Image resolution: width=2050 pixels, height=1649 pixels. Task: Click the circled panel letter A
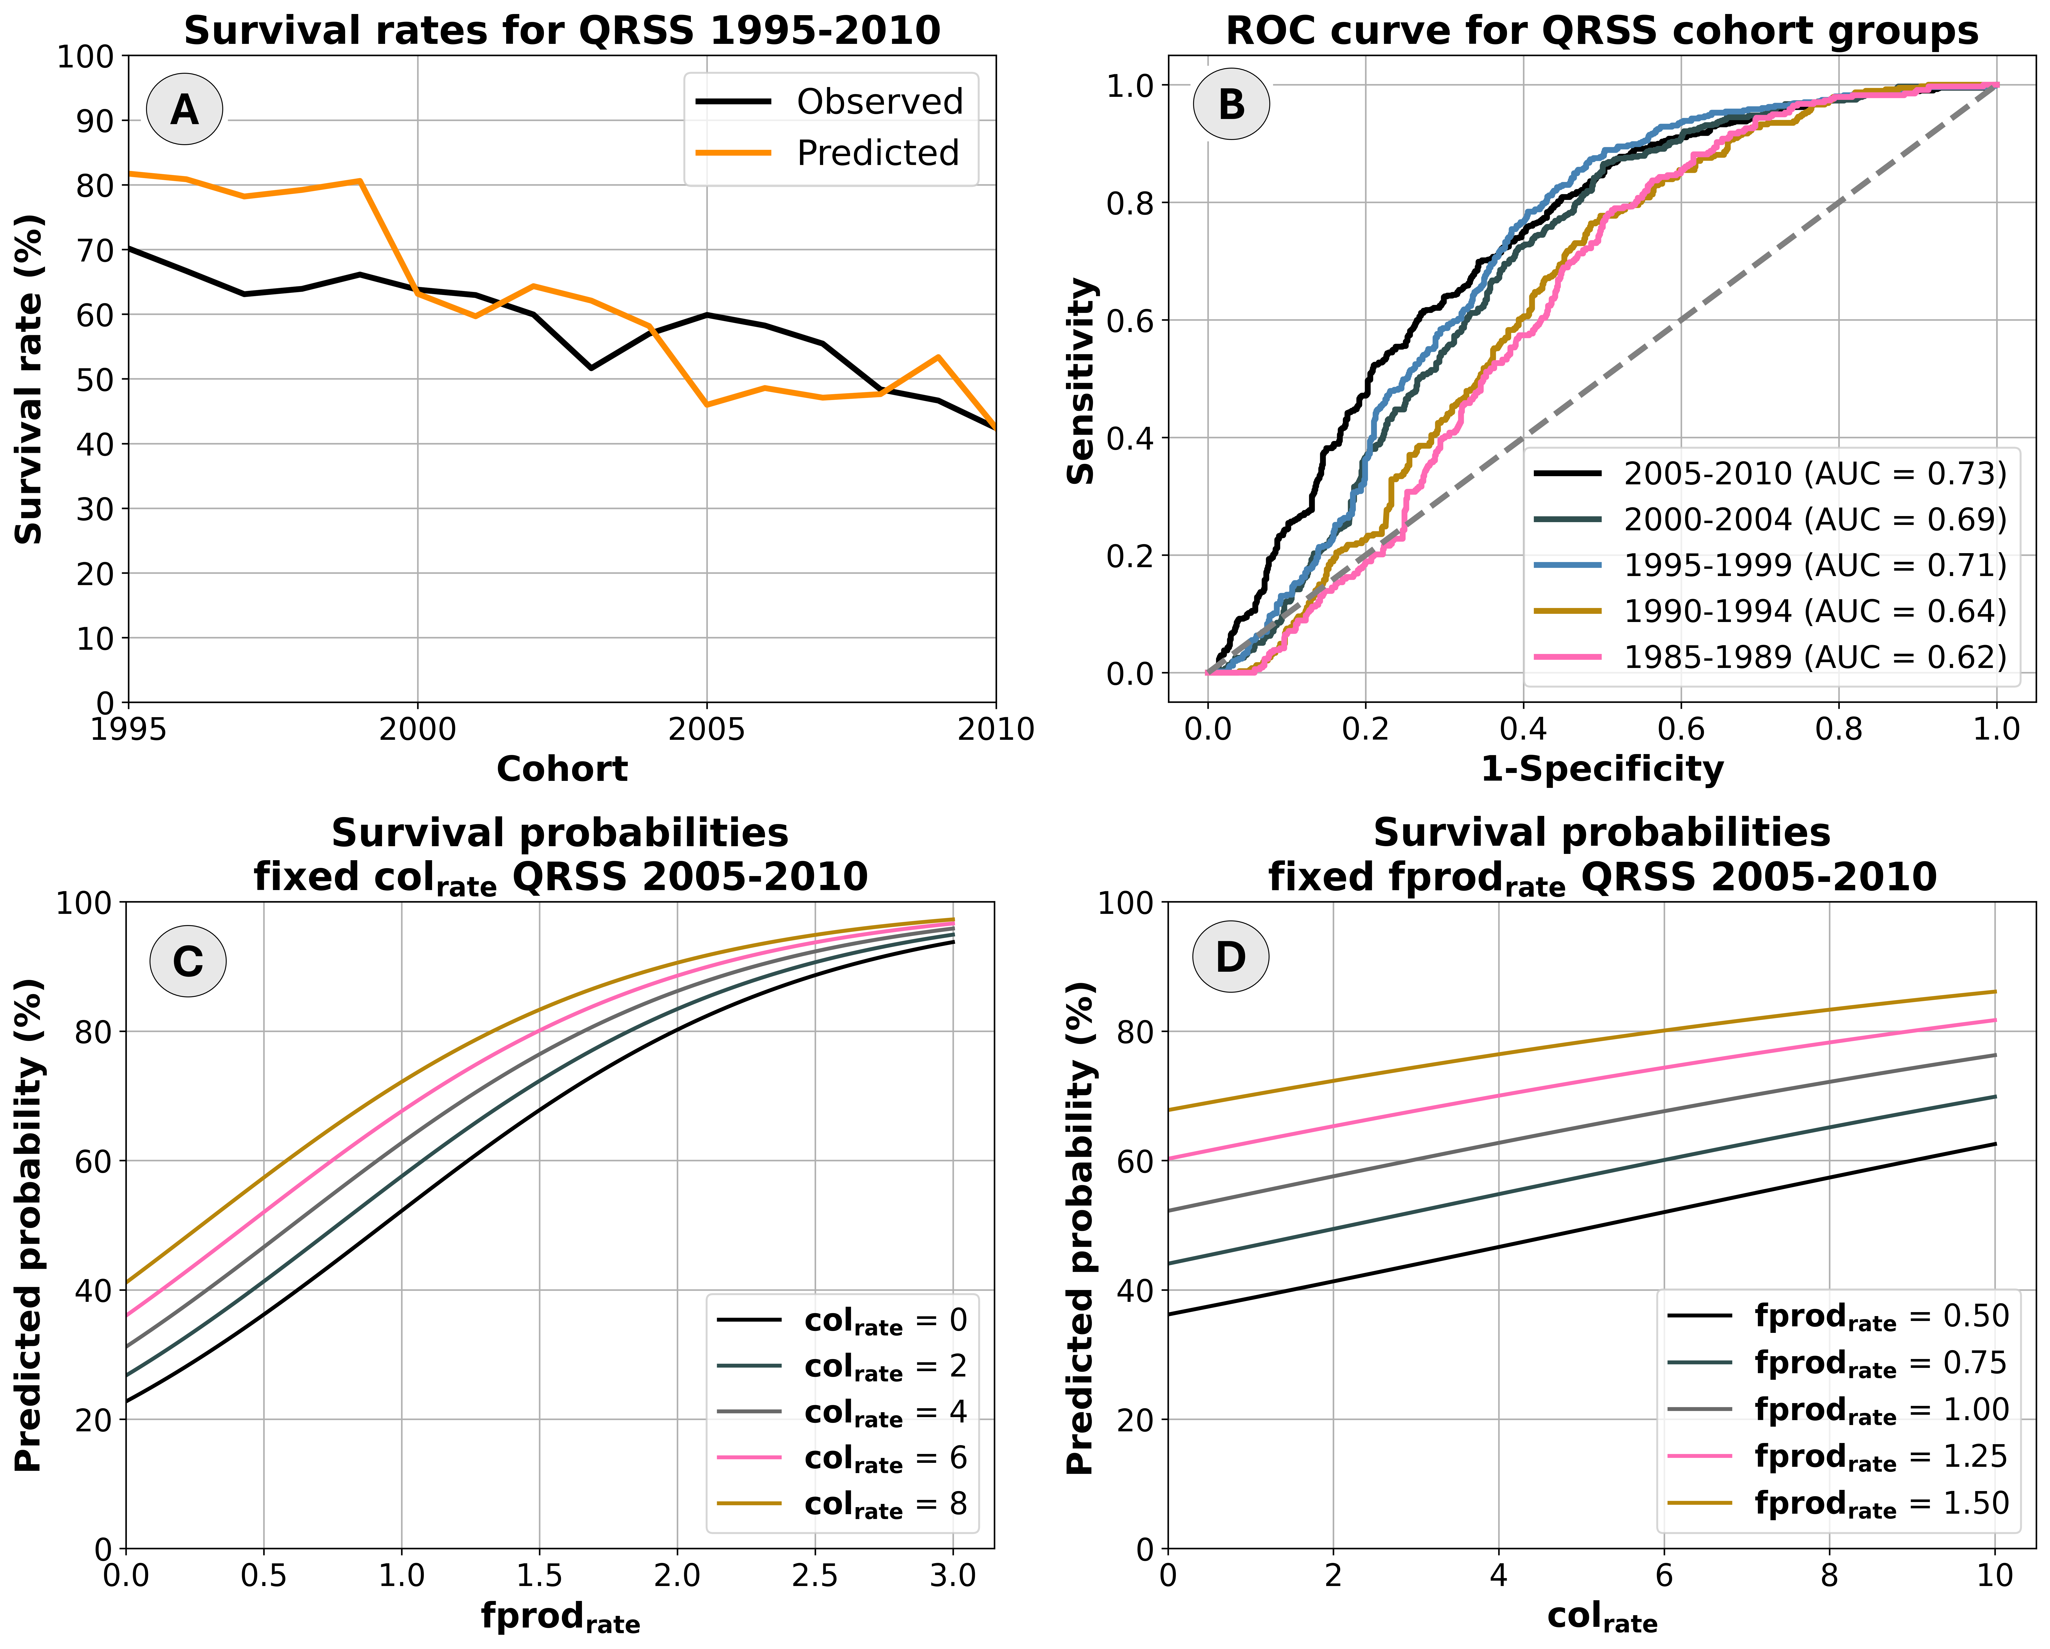pyautogui.click(x=184, y=109)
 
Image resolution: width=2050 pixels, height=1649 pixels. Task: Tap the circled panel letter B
pyautogui.click(x=1231, y=104)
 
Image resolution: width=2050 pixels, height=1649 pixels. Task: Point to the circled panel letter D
pyautogui.click(x=1230, y=957)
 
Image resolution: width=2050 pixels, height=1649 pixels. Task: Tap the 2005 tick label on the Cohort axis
pyautogui.click(x=707, y=729)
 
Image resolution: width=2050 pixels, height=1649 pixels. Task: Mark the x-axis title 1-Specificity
pyautogui.click(x=1602, y=769)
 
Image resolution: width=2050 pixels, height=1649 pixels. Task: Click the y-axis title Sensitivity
pyautogui.click(x=1081, y=380)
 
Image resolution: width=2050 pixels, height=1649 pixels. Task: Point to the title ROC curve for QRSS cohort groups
pyautogui.click(x=1602, y=30)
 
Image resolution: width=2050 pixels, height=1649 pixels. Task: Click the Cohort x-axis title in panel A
pyautogui.click(x=562, y=769)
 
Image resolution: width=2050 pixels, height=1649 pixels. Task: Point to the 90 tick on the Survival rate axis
pyautogui.click(x=93, y=121)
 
